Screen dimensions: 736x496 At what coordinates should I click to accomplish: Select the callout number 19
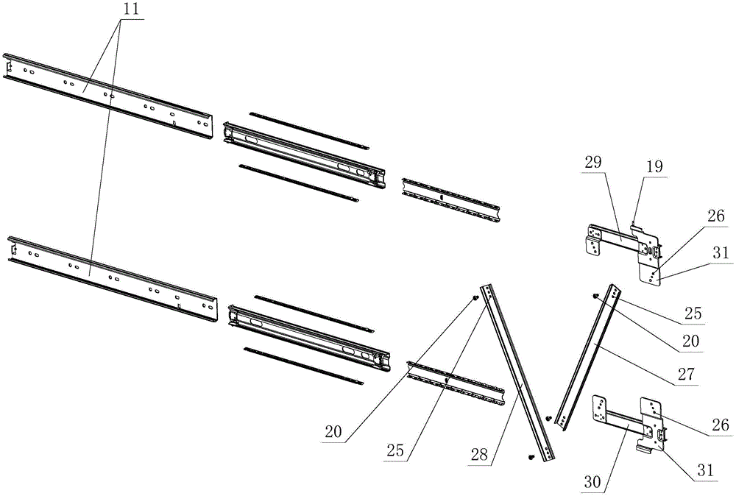coord(654,169)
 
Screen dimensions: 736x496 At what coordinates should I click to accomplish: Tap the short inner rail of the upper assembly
coord(450,195)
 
